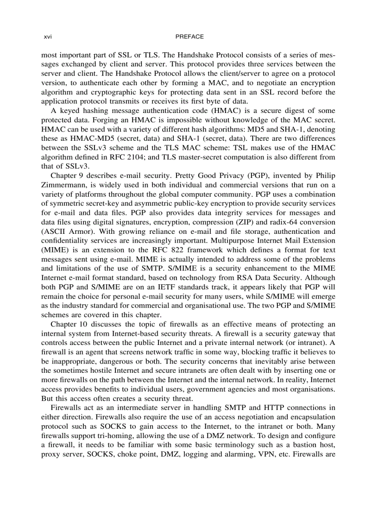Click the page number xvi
[x=46, y=37]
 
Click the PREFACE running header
[x=190, y=37]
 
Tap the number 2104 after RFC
[x=159, y=157]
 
